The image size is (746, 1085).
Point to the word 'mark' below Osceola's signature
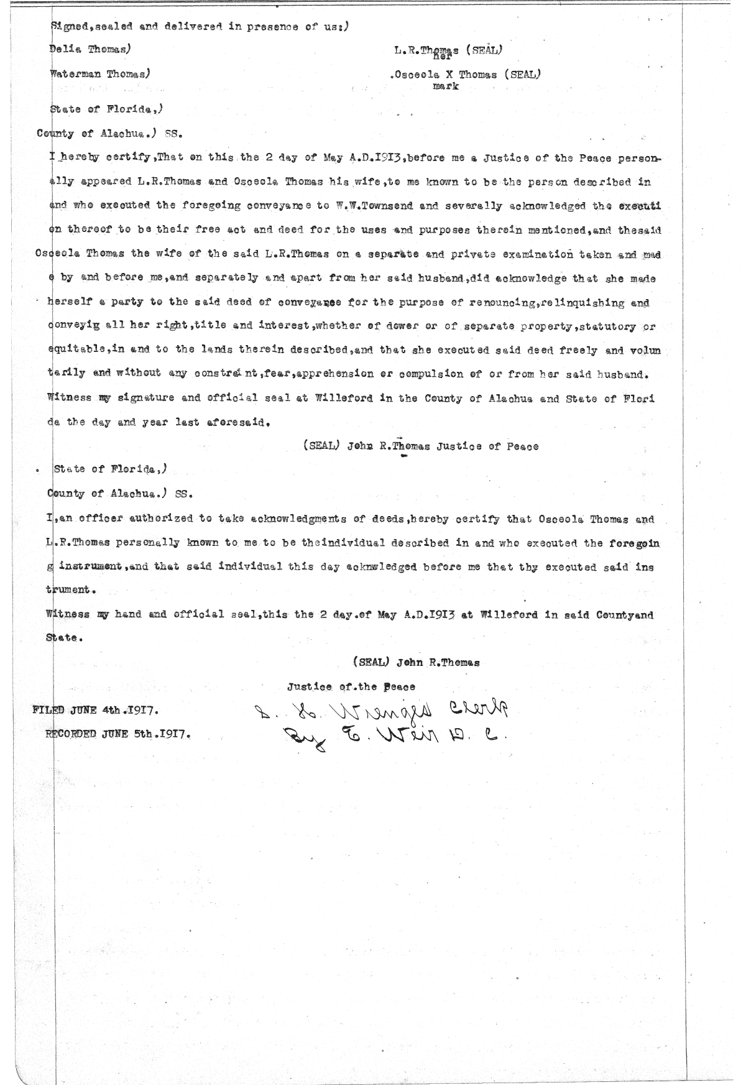(445, 86)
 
